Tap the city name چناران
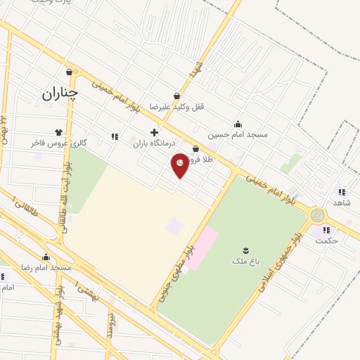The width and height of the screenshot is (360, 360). (59, 92)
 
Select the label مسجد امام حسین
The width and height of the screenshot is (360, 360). (237, 134)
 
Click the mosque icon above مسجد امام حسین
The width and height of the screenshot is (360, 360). (238, 124)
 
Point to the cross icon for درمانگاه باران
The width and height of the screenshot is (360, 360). (154, 132)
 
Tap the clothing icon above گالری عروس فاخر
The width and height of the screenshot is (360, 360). (58, 131)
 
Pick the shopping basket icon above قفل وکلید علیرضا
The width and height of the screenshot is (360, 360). (176, 96)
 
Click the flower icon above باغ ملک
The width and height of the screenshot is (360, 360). (245, 250)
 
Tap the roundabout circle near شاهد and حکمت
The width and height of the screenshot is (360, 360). (318, 214)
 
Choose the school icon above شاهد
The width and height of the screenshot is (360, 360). (341, 192)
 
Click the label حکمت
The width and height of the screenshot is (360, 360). (327, 240)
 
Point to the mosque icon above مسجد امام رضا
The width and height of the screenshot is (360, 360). (46, 257)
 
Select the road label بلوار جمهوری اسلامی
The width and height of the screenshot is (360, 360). (276, 274)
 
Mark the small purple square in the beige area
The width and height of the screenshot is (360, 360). (174, 226)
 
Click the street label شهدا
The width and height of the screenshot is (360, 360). (195, 68)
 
